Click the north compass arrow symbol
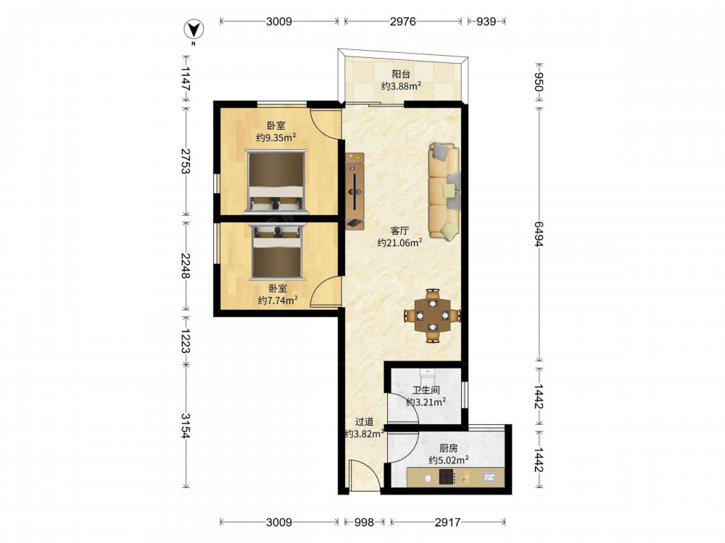(194, 30)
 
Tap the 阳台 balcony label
(401, 74)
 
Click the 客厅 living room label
(399, 231)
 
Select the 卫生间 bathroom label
(426, 390)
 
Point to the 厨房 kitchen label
(449, 448)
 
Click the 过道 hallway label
(365, 421)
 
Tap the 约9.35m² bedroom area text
(276, 137)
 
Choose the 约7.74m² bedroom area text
(278, 300)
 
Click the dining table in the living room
(432, 316)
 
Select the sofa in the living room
(444, 191)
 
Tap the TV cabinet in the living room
(355, 191)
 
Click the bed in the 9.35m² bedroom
(276, 182)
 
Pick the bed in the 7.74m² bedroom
(277, 252)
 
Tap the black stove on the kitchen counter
(447, 476)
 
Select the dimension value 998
(364, 522)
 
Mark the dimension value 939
(486, 21)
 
